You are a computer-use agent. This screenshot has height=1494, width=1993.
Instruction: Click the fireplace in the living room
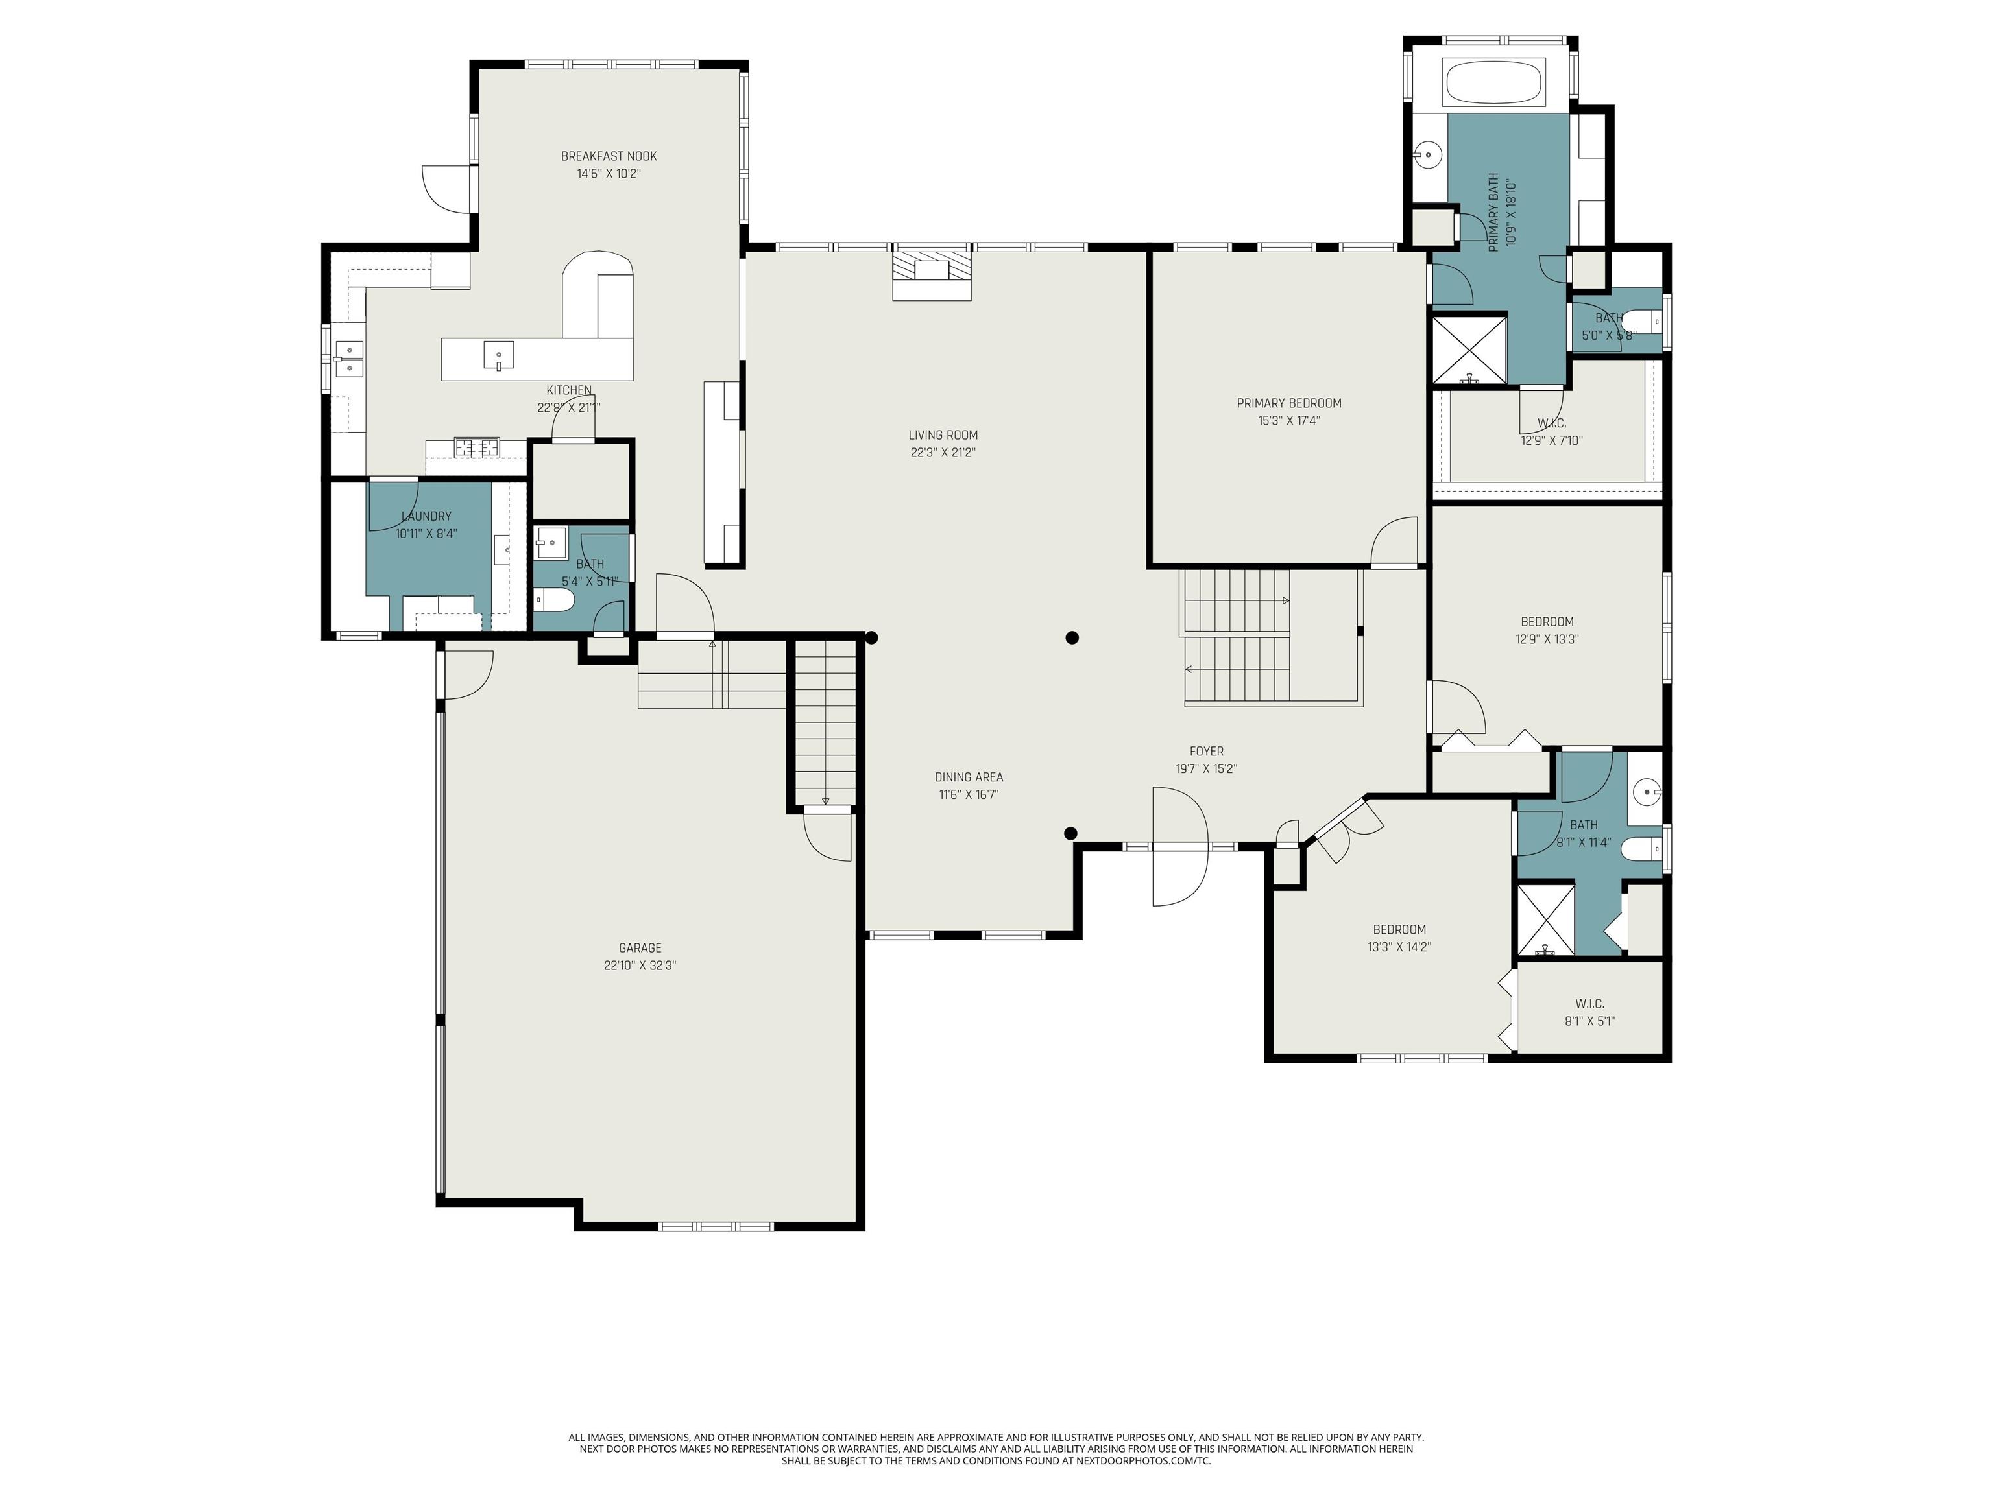(x=932, y=270)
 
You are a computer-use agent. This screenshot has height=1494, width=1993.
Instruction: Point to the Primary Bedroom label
(x=1288, y=403)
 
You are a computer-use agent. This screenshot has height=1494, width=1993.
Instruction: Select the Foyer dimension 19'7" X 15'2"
(x=1207, y=769)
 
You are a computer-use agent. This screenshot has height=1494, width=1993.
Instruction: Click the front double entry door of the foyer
(x=1179, y=846)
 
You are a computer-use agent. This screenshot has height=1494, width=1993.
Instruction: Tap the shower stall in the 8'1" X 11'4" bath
(x=1546, y=920)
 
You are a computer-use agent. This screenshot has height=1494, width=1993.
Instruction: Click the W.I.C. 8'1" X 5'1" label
(x=1589, y=1012)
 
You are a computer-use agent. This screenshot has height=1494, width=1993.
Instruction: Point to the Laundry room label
(x=426, y=517)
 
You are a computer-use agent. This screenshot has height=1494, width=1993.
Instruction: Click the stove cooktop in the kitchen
(x=477, y=445)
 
